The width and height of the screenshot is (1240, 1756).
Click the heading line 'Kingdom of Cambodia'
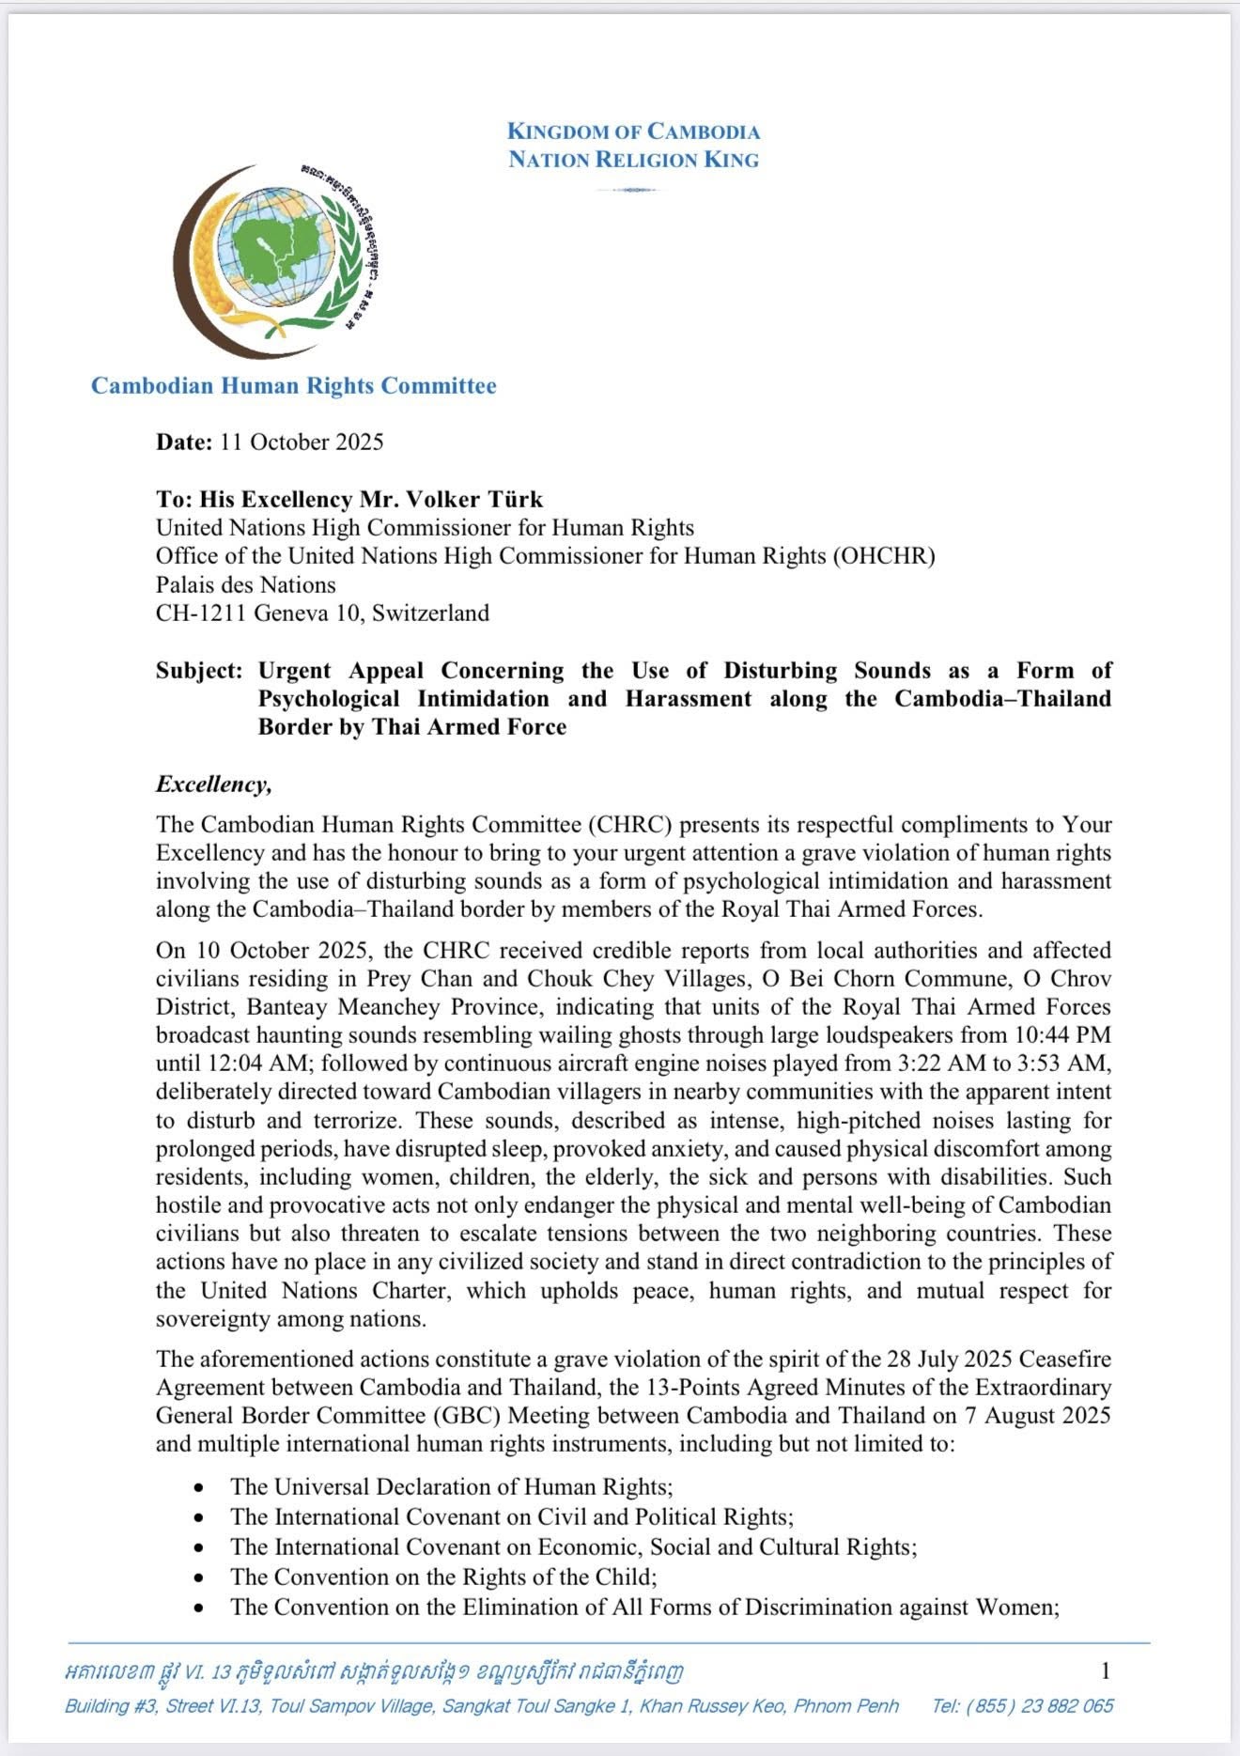[633, 132]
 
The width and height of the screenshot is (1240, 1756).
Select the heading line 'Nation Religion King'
[633, 160]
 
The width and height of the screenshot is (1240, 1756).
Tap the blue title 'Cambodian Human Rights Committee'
[293, 385]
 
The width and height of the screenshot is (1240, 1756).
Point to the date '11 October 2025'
[302, 442]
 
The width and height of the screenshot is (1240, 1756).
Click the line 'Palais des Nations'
[245, 584]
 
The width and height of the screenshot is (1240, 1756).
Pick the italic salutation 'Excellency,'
[214, 784]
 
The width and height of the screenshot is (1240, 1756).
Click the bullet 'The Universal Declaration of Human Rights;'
[451, 1486]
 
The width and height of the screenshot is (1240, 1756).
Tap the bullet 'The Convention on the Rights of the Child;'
[443, 1577]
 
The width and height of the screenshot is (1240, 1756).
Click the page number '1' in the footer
[1106, 1670]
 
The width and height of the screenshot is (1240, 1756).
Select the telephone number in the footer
[1023, 1705]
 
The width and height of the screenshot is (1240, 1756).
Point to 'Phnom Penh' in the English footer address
[846, 1705]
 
